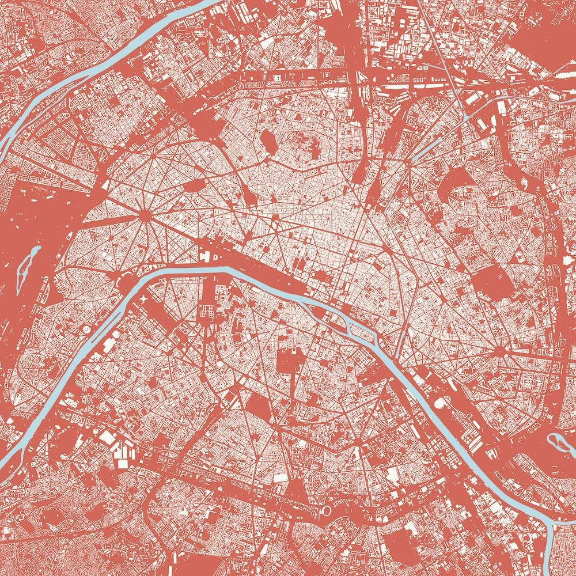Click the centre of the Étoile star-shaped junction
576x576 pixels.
click(144, 215)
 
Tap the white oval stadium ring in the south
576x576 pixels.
click(326, 511)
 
